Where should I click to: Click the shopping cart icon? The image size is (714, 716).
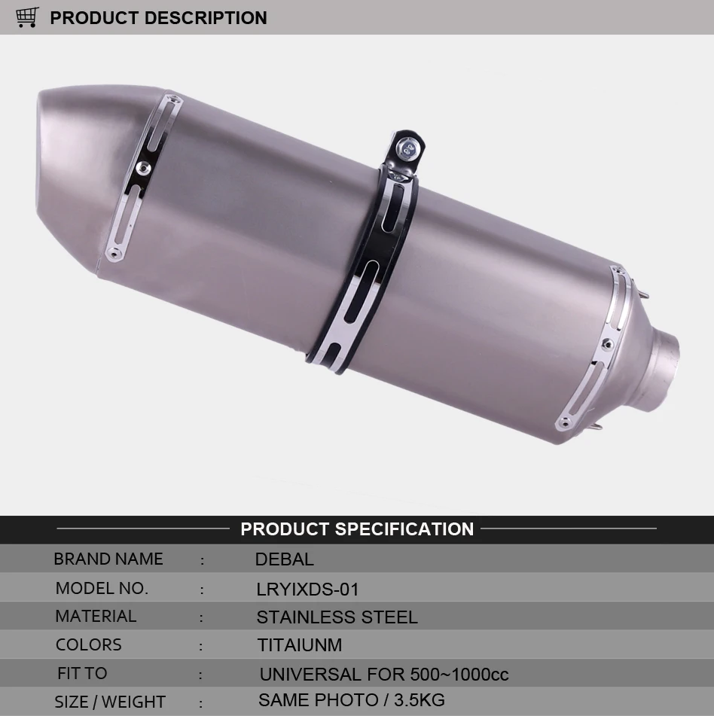(27, 17)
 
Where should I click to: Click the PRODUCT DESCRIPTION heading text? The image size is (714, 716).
(158, 18)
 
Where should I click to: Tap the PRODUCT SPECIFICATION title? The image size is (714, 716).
(357, 529)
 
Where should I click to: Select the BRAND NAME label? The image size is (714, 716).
(108, 559)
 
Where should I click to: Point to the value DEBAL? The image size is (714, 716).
(284, 559)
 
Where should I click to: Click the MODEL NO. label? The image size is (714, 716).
(102, 588)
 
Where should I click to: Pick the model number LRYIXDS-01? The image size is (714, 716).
(307, 590)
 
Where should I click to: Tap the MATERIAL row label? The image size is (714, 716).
(96, 616)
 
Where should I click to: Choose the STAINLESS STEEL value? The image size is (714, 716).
(337, 617)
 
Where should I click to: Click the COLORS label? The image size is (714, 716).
(89, 644)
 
